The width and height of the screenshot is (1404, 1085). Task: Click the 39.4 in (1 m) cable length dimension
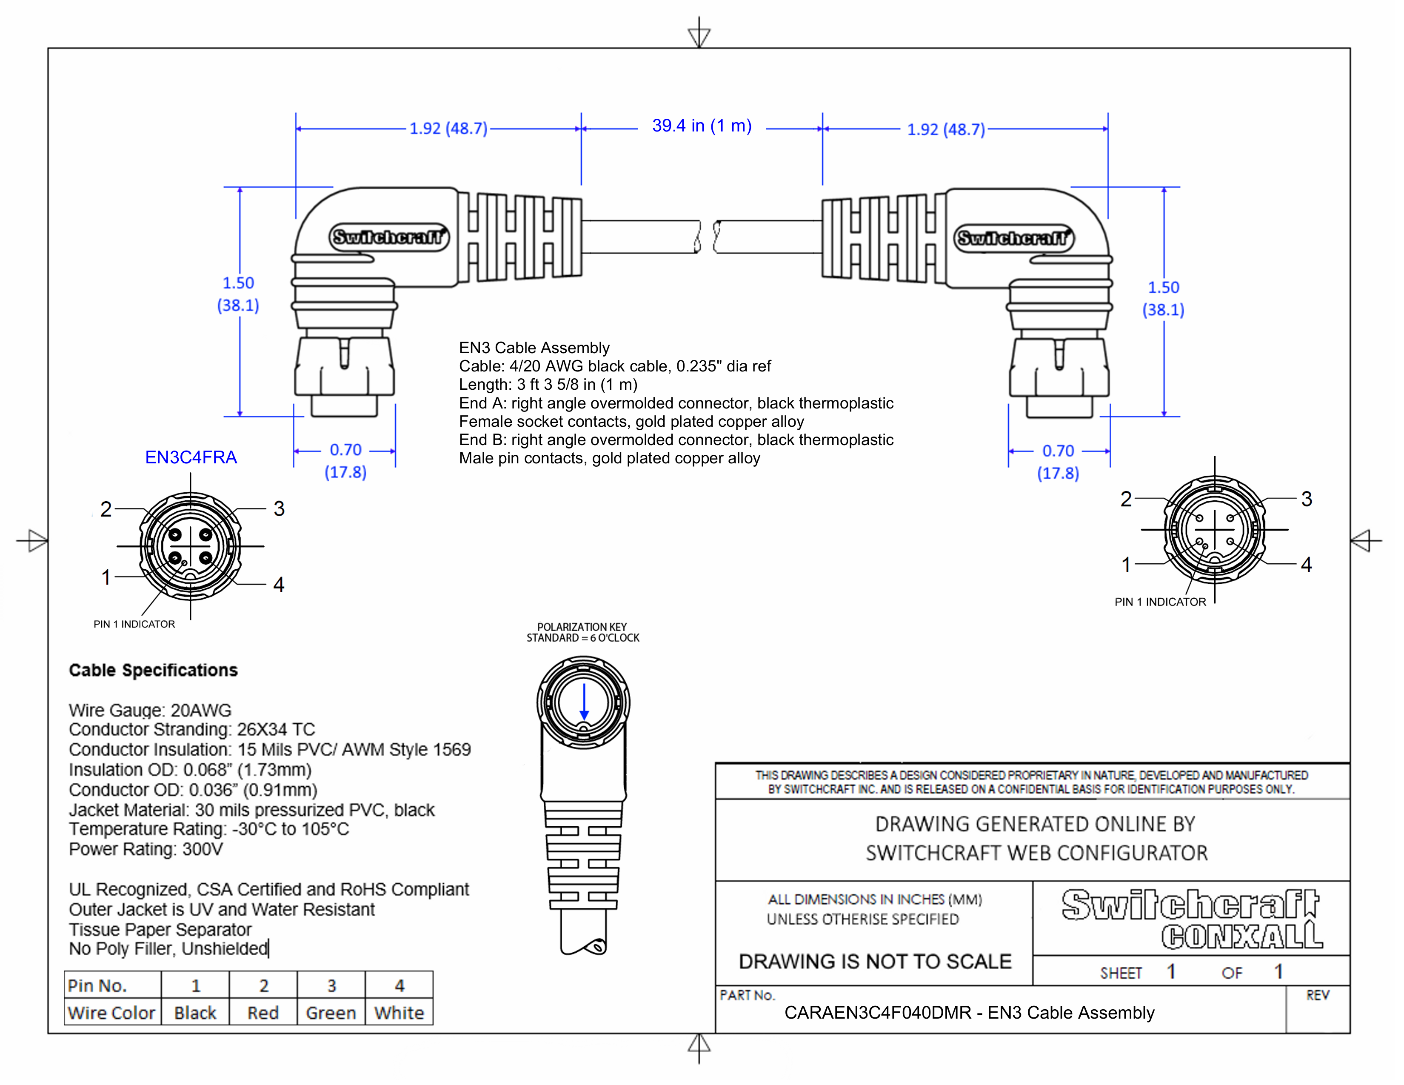pos(701,126)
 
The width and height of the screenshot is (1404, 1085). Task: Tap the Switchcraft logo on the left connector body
pos(389,237)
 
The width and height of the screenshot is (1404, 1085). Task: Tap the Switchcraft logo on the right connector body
pos(1013,238)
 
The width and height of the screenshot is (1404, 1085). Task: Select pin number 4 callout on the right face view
pos(1306,564)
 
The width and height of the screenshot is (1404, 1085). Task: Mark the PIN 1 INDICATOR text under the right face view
pos(1160,602)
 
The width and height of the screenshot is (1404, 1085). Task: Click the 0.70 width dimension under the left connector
pos(345,450)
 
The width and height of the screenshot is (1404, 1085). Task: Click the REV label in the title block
pos(1317,995)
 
